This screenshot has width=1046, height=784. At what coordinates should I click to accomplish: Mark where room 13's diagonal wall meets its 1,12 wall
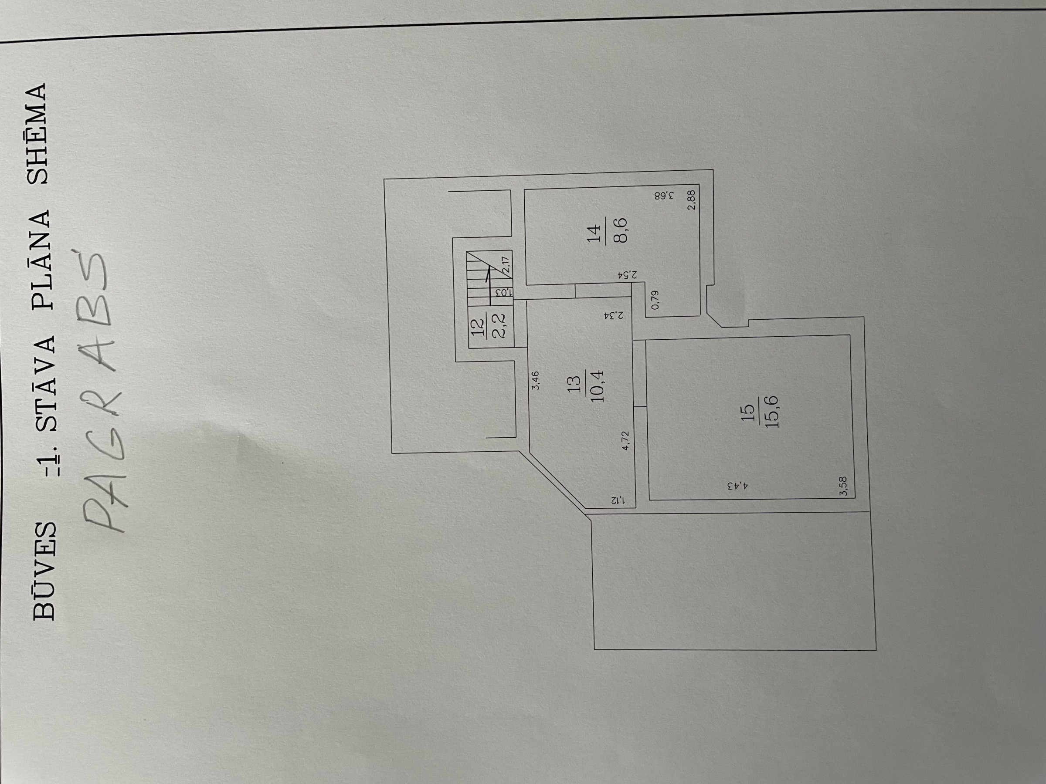[586, 508]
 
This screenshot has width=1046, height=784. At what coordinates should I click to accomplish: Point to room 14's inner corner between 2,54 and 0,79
[645, 282]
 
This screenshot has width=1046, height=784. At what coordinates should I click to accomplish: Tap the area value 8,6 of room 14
[620, 230]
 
